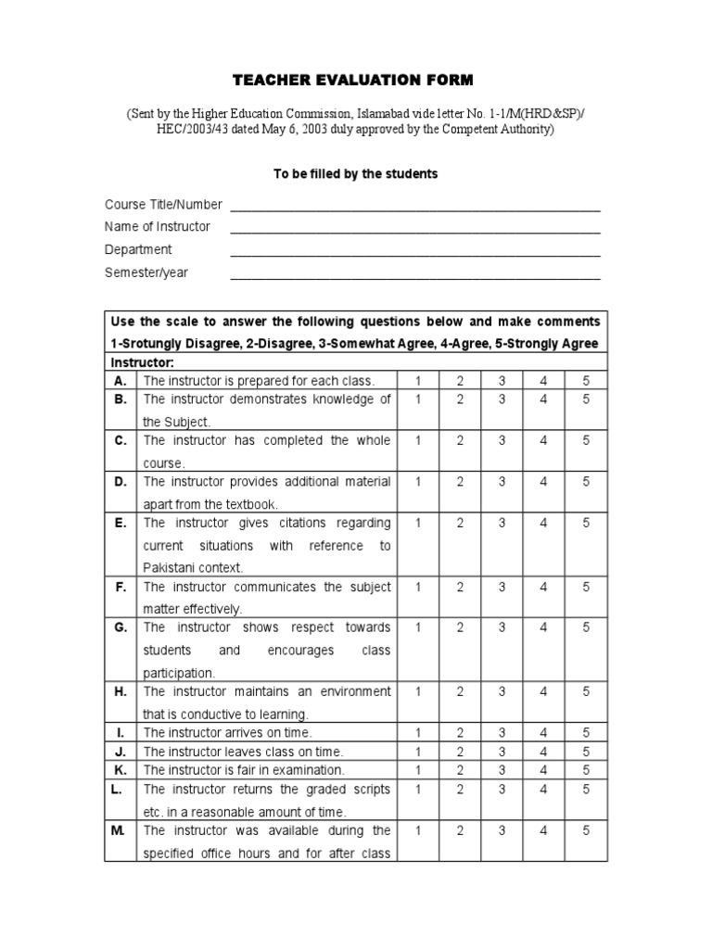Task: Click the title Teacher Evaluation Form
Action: pos(355,81)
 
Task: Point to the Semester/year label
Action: pos(146,272)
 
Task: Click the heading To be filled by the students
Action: pos(355,174)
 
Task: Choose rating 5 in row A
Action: pos(586,381)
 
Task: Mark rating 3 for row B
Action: pos(502,399)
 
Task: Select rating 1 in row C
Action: pos(418,441)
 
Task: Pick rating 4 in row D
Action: pos(544,482)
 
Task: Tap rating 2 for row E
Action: pos(460,523)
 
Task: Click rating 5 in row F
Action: pos(586,587)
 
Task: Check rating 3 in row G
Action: pos(502,627)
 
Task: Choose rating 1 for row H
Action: pos(418,691)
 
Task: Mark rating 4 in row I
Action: pos(544,733)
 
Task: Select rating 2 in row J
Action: pos(460,752)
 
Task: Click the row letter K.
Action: pos(121,770)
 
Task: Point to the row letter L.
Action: pos(121,789)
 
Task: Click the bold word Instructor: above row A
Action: pos(142,362)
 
